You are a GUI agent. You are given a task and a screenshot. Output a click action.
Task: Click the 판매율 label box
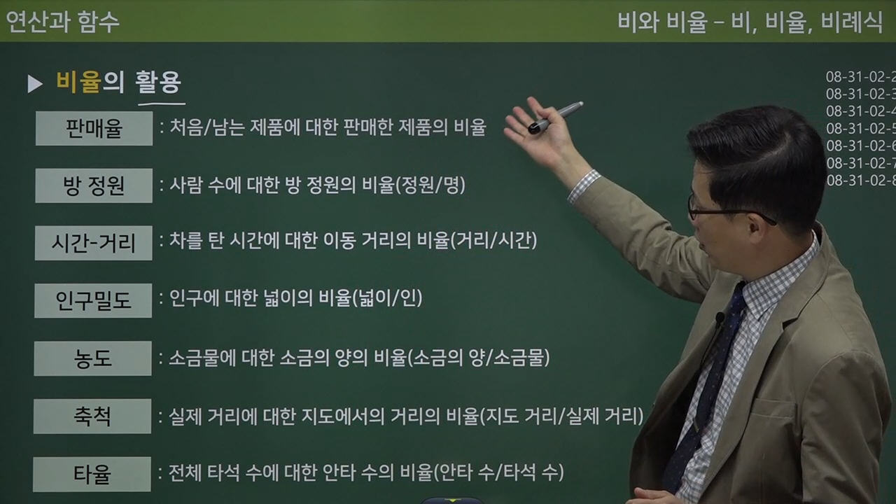(94, 128)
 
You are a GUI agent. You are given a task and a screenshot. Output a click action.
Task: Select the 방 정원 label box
(94, 185)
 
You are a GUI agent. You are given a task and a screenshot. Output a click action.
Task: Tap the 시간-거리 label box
(94, 243)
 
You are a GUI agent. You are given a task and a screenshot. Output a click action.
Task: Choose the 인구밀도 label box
(94, 300)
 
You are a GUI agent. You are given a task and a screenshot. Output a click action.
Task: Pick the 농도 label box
(94, 358)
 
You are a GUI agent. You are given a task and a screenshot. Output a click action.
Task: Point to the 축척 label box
(92, 416)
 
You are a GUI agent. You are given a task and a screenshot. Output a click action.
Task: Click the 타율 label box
(92, 474)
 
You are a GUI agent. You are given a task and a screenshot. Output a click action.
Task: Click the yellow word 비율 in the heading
(78, 83)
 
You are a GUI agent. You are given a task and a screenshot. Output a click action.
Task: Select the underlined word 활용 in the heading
(159, 83)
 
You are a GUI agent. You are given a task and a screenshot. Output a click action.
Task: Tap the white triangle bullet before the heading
(35, 84)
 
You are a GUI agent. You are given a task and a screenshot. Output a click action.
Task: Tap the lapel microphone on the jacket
(719, 319)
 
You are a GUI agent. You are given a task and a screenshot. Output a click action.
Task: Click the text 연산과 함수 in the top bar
(63, 22)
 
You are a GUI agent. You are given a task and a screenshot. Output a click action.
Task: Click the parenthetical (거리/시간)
(494, 241)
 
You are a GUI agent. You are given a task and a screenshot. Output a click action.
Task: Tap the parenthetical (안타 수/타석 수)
(499, 472)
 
